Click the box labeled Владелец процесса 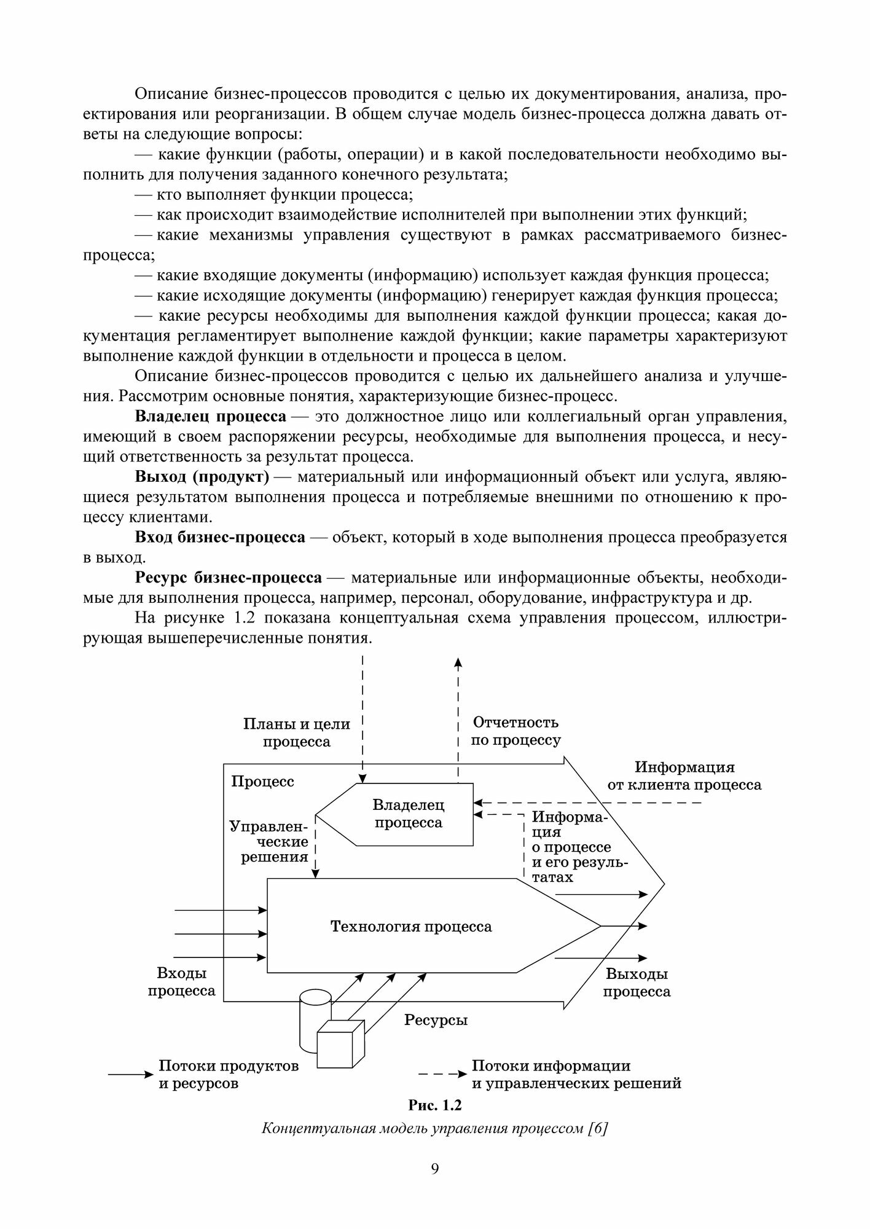408,814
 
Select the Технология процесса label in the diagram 411,926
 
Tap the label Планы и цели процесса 297,732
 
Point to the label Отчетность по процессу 515,731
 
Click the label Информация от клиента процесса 684,775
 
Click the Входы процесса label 181,982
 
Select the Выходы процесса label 637,983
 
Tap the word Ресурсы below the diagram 436,1020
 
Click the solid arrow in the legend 130,1075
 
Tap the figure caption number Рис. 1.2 434,1105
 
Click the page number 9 435,1168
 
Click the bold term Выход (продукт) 202,477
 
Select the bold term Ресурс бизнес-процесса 228,578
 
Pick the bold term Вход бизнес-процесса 220,537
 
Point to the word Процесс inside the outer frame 262,781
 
